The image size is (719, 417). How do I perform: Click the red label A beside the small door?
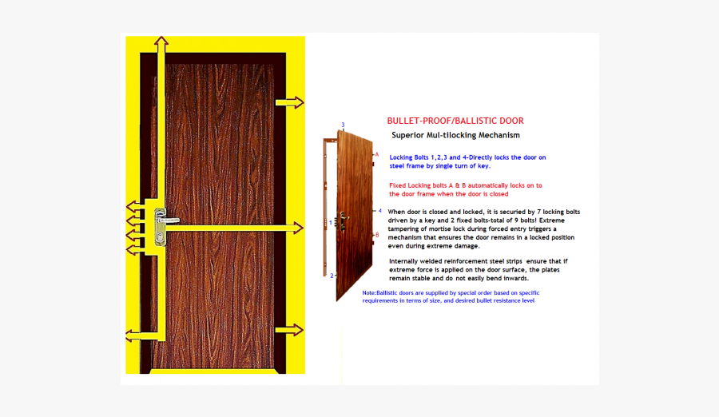[x=376, y=154]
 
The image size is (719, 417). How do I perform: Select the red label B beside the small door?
[x=376, y=235]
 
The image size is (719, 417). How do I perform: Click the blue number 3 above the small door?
[x=343, y=125]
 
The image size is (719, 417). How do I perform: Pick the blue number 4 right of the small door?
[x=379, y=211]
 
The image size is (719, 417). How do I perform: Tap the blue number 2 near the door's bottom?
[x=332, y=276]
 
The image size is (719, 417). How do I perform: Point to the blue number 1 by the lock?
[x=331, y=223]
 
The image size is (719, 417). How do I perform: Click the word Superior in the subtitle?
[x=408, y=136]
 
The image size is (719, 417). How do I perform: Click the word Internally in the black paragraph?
[x=407, y=261]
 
